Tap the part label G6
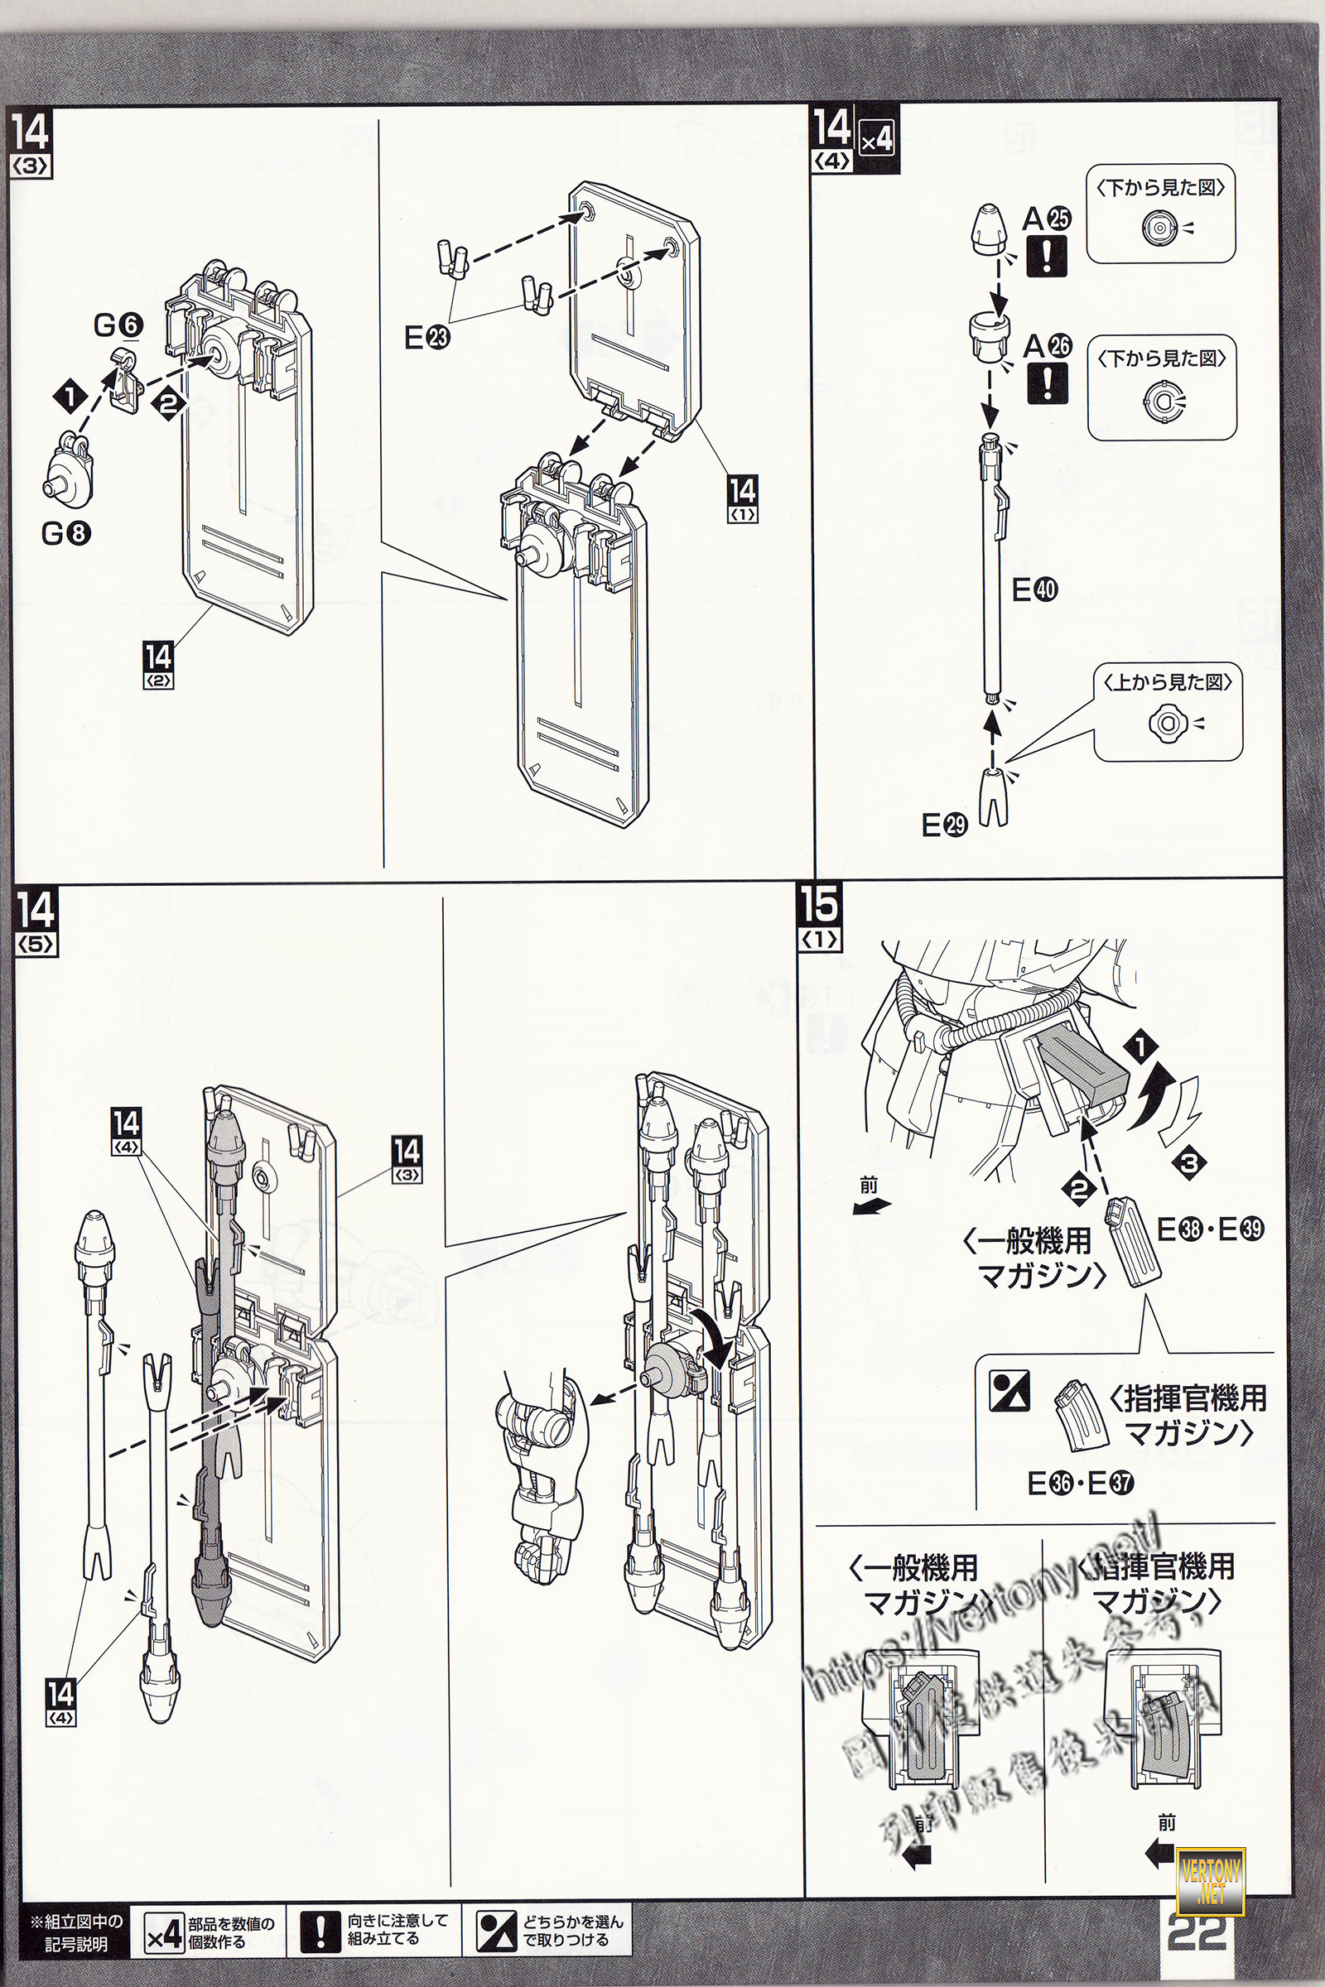[x=118, y=325]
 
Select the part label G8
[x=66, y=533]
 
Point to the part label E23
[x=426, y=338]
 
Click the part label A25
[x=1046, y=219]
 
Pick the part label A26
[x=1047, y=345]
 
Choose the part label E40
[x=1034, y=589]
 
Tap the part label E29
[x=944, y=825]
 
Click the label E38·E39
[x=1210, y=1229]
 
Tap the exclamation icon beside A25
[x=1046, y=256]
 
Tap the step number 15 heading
[x=819, y=905]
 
